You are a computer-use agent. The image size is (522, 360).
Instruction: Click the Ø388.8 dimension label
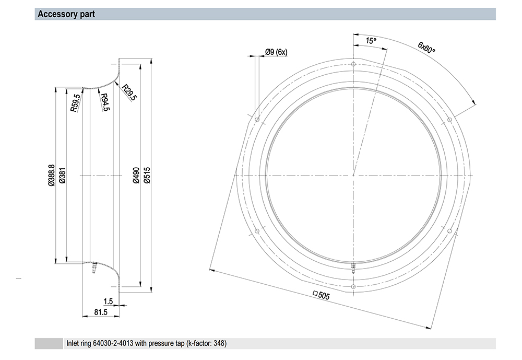click(x=51, y=175)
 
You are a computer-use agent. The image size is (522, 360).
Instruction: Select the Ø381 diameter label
click(x=62, y=176)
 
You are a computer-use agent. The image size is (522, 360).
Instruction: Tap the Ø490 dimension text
click(x=136, y=176)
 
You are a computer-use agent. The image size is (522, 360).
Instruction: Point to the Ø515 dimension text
click(x=147, y=176)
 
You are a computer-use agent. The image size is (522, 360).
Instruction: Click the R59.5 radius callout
click(x=75, y=102)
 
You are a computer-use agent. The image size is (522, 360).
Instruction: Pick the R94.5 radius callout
click(x=105, y=102)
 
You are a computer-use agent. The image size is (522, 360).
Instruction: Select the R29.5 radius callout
click(x=129, y=92)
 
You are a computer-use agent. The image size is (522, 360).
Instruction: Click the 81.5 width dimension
click(x=101, y=312)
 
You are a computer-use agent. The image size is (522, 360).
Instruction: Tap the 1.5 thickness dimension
click(x=108, y=301)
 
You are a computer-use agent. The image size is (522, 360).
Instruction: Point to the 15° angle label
click(x=371, y=41)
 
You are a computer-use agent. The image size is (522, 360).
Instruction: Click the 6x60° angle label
click(x=426, y=48)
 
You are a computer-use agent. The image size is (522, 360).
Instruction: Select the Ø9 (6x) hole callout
click(x=276, y=52)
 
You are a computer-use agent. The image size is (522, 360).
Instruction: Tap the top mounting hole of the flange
click(x=353, y=64)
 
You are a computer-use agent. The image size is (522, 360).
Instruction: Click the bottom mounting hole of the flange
click(x=353, y=287)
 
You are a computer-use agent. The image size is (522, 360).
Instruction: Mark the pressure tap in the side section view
click(x=94, y=268)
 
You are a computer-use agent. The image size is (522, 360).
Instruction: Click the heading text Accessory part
click(x=66, y=14)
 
